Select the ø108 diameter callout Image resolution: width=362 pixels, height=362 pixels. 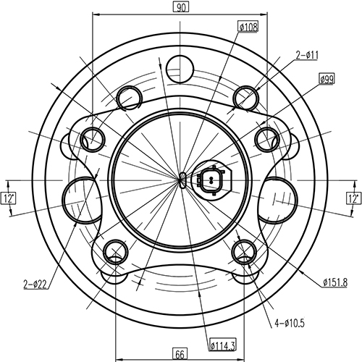(x=248, y=27)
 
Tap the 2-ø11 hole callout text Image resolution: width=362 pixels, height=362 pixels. (x=307, y=54)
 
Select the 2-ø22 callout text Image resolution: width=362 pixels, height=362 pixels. (x=34, y=284)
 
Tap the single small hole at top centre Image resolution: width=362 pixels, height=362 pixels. (x=179, y=70)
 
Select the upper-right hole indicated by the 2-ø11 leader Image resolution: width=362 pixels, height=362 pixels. (x=247, y=96)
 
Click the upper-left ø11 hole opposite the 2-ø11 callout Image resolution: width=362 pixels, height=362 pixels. (x=130, y=96)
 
